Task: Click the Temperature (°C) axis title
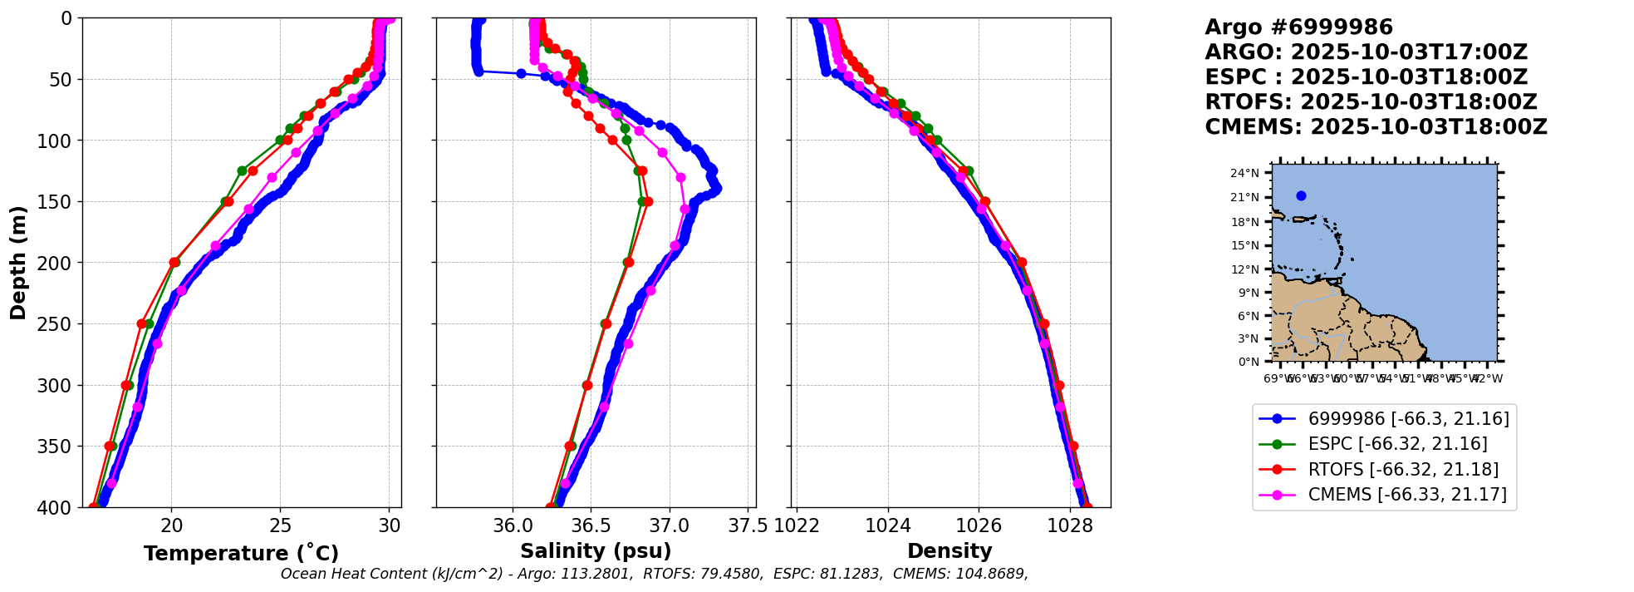point(241,554)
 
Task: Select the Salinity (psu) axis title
point(596,551)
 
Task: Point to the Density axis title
point(949,551)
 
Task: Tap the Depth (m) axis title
point(18,263)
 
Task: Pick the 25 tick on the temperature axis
point(281,525)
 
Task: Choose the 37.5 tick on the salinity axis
point(748,525)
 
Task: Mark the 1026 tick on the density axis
point(979,525)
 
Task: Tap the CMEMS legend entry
point(1407,495)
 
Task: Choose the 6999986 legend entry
point(1408,419)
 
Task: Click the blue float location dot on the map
point(1301,196)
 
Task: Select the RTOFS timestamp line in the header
point(1371,102)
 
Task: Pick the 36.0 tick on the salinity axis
point(513,525)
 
